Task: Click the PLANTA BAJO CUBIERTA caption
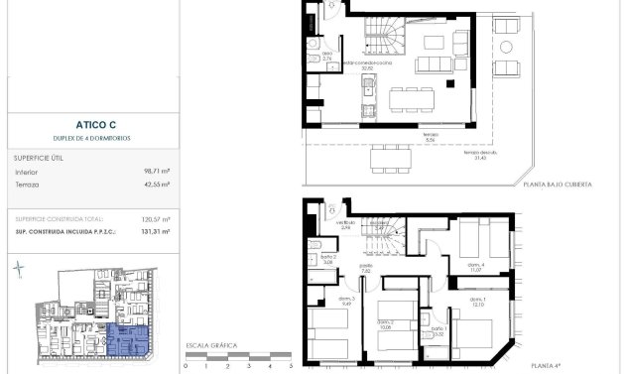point(559,186)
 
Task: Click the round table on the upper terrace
point(506,47)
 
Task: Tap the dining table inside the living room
point(410,98)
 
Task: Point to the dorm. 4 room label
point(476,267)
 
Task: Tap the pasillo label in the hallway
point(366,268)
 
